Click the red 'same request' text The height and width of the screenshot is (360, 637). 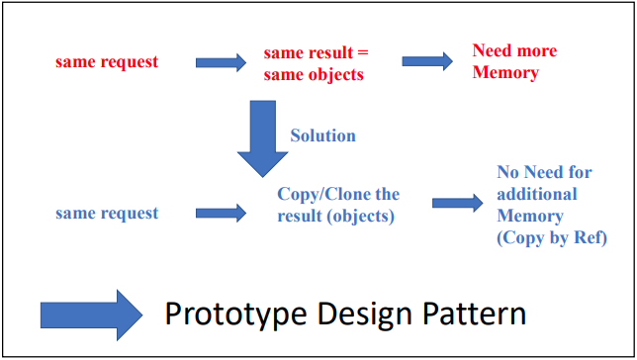106,62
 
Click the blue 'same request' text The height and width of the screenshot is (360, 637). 106,213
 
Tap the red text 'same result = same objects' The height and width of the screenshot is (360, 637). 315,62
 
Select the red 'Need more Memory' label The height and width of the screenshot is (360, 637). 513,61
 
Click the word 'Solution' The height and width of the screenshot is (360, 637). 322,135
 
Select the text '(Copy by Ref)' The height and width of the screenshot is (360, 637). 551,237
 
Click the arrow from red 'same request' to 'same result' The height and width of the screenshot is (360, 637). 221,62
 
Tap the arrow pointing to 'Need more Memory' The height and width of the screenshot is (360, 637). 428,61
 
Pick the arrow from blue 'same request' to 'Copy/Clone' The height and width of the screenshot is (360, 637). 221,212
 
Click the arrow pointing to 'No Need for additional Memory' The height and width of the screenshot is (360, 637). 458,204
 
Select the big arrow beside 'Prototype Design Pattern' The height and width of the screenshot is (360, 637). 92,314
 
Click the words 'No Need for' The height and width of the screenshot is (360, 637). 544,172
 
